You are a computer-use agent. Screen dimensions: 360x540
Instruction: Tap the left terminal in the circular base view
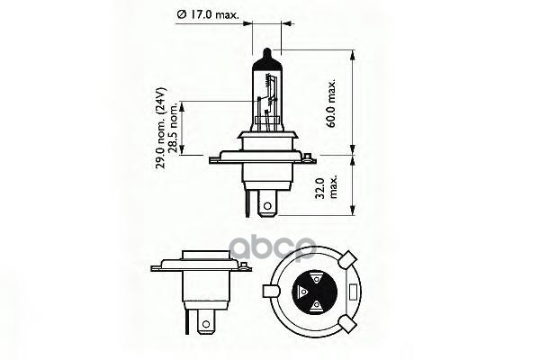302,292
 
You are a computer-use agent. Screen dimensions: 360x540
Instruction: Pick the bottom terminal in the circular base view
316,308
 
